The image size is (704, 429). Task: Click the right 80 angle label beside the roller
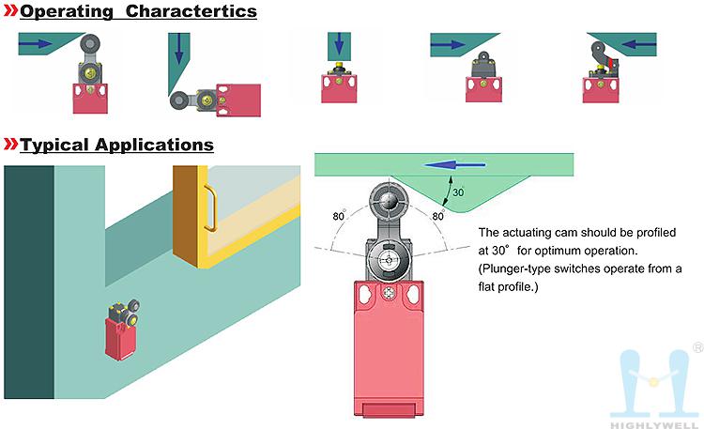click(437, 217)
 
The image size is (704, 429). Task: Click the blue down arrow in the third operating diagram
click(339, 44)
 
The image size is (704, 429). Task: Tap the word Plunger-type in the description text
click(515, 268)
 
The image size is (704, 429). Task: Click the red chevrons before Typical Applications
click(11, 146)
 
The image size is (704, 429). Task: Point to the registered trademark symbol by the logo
click(696, 347)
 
